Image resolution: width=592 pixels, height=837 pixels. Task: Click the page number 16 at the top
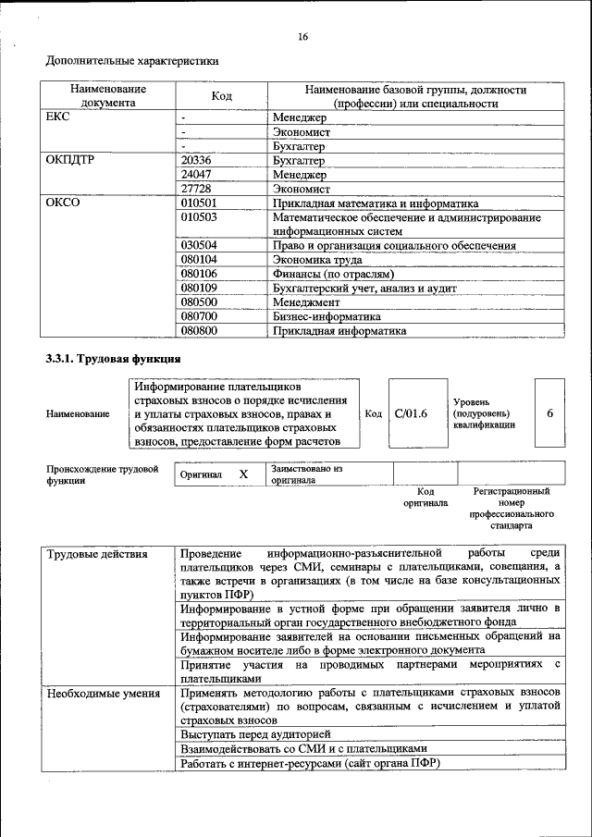coord(302,37)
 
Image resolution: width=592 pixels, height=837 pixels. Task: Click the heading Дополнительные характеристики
coord(133,62)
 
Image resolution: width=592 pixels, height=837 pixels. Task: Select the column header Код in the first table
coord(221,96)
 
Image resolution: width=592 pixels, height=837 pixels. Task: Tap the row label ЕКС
coord(57,118)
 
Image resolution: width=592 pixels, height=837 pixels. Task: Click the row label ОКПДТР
coord(70,160)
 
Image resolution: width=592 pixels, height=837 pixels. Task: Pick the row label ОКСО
coord(63,203)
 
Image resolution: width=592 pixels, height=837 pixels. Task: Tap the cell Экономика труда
coord(317,260)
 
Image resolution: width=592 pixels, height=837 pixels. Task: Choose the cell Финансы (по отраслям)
coord(333,274)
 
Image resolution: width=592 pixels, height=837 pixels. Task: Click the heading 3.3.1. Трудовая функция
coord(113,359)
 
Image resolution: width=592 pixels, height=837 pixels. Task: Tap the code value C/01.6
coord(411,413)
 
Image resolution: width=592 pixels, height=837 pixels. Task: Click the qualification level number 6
coord(549,413)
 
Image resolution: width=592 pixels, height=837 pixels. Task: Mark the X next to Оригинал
coord(243,474)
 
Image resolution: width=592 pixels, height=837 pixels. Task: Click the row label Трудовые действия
coord(97,554)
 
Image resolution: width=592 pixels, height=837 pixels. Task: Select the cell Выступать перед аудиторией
coord(242,733)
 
